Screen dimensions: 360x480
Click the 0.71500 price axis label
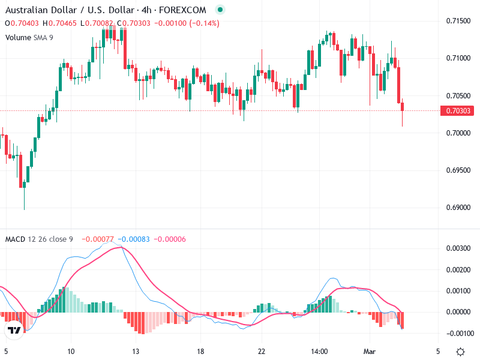(458, 21)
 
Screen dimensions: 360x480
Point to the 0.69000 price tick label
(458, 208)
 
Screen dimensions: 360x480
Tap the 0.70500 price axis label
(458, 95)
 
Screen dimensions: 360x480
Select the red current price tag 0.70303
(458, 110)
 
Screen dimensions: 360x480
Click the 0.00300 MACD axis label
(458, 248)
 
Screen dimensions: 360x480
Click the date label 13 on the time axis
(136, 351)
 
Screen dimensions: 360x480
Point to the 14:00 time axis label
(319, 351)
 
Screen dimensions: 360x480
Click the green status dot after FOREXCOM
(221, 10)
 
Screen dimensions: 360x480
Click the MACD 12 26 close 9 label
(39, 239)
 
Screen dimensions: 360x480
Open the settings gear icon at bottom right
(460, 352)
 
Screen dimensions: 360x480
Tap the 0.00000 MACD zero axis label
(458, 312)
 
